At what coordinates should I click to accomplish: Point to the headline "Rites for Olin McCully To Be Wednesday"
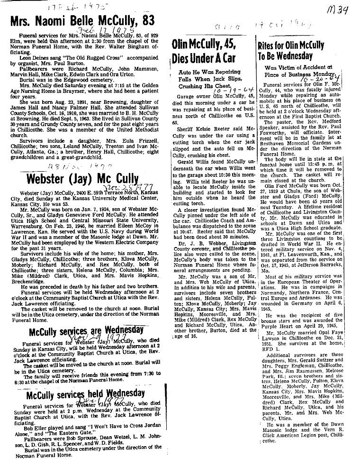pos(290,51)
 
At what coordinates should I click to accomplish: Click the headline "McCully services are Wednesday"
pos(86,330)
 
